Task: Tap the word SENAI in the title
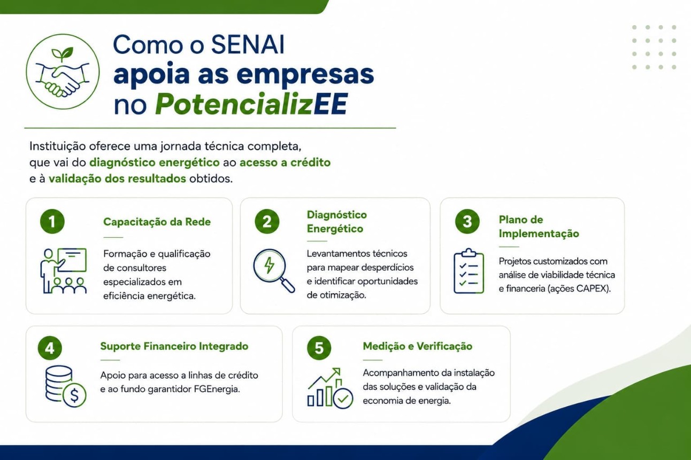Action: pos(248,45)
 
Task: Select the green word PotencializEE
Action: pos(251,104)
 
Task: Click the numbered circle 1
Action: pos(52,221)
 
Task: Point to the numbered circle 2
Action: pos(267,221)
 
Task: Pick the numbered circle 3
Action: pos(467,221)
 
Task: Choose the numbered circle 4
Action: pos(50,348)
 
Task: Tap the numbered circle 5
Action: pos(319,348)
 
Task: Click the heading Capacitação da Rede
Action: pos(157,222)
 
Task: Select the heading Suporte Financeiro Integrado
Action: pos(174,346)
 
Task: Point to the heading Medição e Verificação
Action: pos(417,346)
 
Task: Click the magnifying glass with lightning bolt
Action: pos(274,270)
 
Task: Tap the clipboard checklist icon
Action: pos(469,271)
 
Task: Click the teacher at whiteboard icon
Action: pos(64,270)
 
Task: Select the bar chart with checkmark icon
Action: pos(330,388)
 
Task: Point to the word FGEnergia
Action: pos(217,389)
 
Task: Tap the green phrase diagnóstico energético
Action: pos(154,162)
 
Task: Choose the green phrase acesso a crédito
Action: pos(285,162)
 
